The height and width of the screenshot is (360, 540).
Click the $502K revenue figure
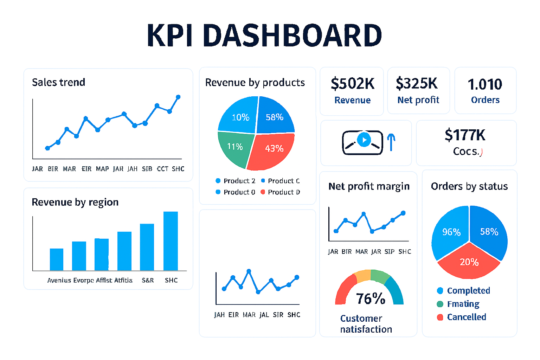352,84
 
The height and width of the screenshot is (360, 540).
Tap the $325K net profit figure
417,84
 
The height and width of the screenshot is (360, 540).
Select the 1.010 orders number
485,84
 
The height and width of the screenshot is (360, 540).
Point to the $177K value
465,135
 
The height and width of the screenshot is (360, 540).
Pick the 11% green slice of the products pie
235,148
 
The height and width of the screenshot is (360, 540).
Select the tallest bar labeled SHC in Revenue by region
171,241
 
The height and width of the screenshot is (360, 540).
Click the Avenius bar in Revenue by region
57,259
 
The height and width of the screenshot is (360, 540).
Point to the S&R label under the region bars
148,280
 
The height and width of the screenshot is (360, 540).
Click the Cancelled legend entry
466,317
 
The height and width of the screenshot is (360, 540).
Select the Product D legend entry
283,192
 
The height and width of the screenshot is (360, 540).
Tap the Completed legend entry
468,291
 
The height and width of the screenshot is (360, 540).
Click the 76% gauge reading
370,299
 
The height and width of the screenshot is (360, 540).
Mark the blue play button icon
364,140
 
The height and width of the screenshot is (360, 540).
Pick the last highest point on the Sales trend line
178,97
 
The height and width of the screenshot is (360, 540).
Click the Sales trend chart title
58,82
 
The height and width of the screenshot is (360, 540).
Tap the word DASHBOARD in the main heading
292,36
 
